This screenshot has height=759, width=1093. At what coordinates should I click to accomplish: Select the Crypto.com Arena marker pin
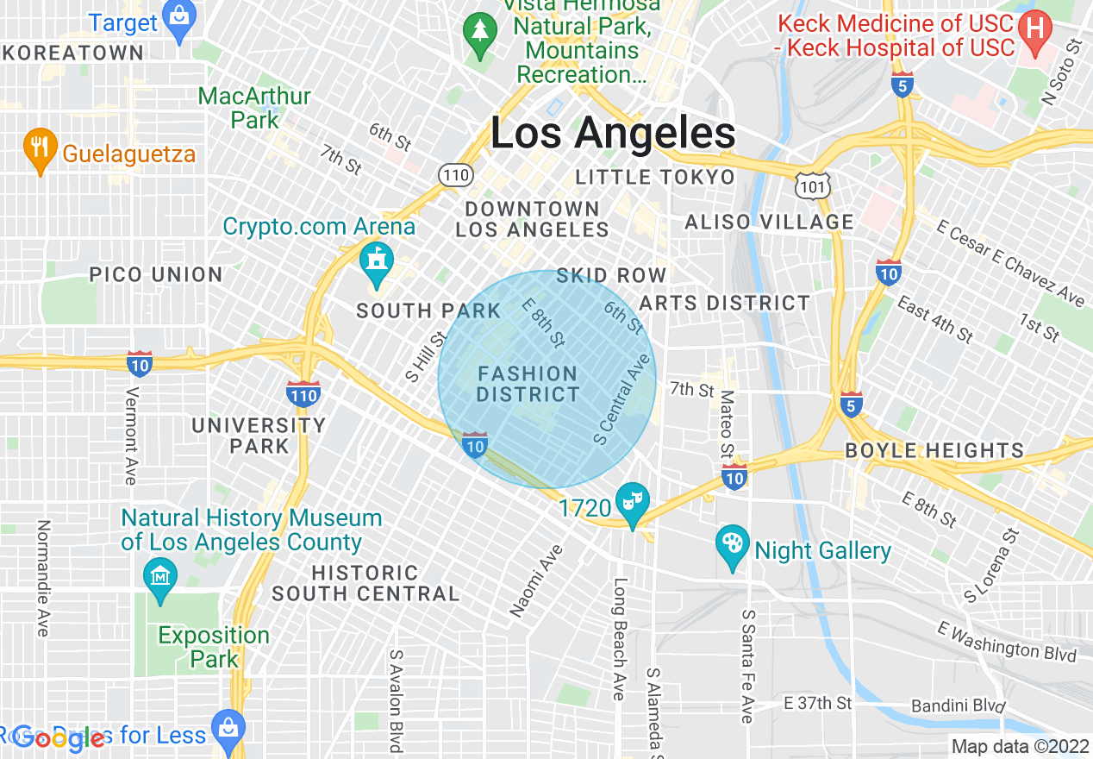[x=376, y=266]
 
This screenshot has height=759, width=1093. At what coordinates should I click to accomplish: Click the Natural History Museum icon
[x=160, y=574]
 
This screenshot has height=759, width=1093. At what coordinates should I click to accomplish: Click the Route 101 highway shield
[x=814, y=182]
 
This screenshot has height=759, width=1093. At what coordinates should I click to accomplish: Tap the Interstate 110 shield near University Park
[x=303, y=394]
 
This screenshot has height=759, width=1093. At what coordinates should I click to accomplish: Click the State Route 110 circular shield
[x=455, y=175]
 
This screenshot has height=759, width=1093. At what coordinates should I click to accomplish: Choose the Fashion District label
[x=528, y=385]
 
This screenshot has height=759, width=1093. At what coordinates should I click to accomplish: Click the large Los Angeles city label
[x=613, y=134]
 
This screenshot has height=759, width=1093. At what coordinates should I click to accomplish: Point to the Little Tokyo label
[x=655, y=178]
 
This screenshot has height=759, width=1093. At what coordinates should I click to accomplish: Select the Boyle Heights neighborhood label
[x=934, y=450]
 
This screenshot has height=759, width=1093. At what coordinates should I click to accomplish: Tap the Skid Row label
[x=611, y=275]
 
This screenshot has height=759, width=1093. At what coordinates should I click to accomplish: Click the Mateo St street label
[x=727, y=423]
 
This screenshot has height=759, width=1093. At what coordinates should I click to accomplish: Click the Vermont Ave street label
[x=131, y=436]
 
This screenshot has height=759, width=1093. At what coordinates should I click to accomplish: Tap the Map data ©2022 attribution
[x=1020, y=746]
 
